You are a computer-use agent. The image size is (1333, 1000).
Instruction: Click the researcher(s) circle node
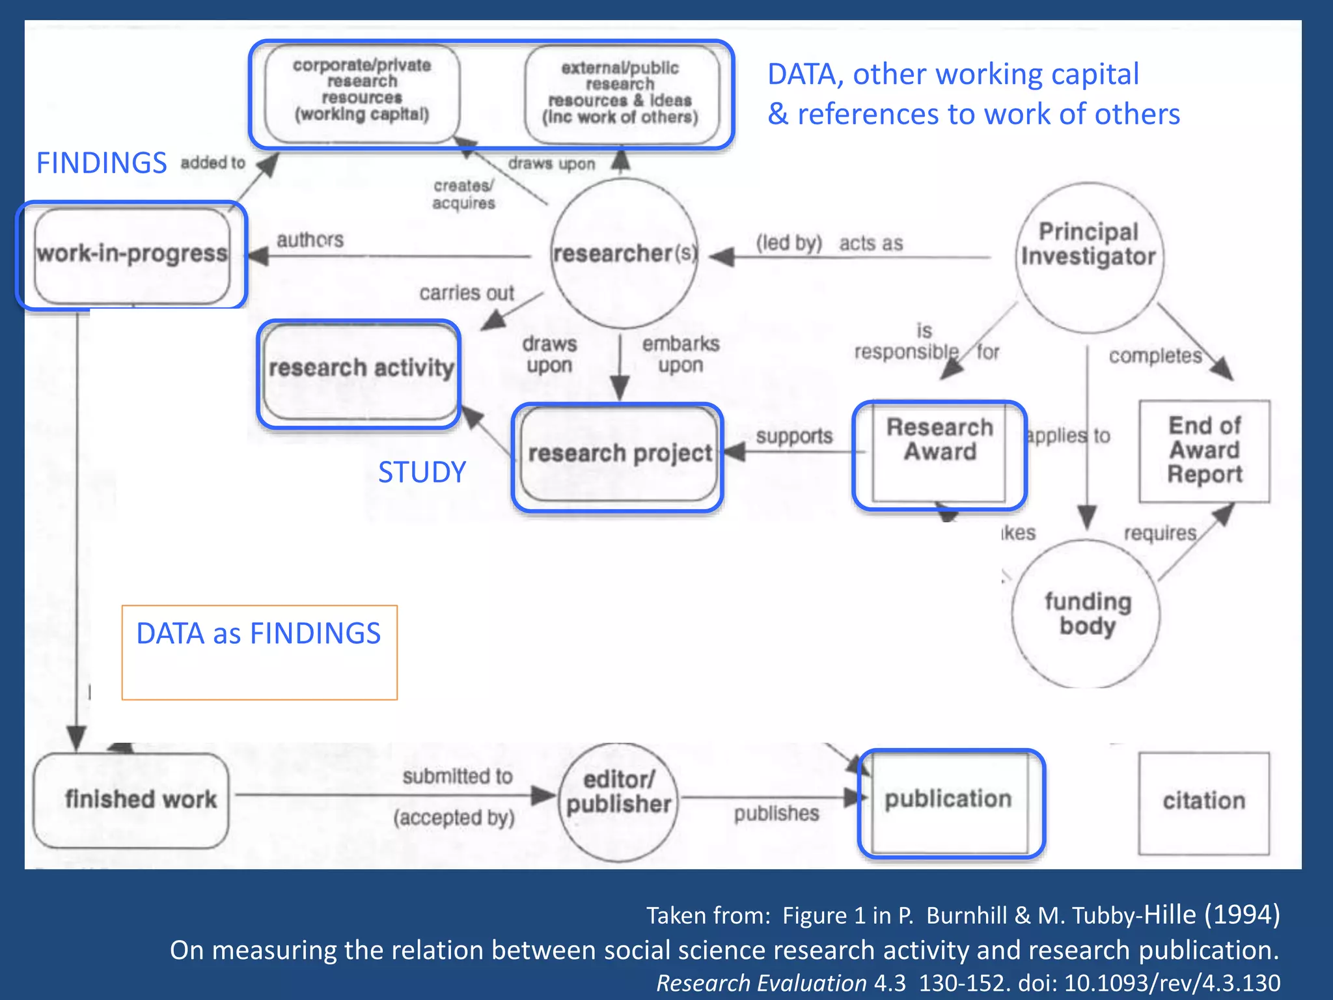624,253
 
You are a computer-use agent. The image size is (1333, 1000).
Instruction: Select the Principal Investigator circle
1088,257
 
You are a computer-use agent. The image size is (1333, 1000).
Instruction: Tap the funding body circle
1086,613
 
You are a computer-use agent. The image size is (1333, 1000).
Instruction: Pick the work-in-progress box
132,255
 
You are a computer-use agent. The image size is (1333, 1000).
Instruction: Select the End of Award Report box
1204,451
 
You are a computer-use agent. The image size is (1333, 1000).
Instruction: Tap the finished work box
131,800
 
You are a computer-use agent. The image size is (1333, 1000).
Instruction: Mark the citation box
1203,802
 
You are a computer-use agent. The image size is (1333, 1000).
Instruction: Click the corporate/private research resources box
362,92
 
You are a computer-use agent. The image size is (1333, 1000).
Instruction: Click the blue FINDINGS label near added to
102,163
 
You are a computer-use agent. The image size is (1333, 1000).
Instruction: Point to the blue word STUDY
422,472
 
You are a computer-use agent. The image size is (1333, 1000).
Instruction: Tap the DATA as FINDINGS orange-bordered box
259,652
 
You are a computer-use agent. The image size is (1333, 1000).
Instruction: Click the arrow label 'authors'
310,240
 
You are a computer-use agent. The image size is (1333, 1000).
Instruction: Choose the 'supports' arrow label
794,436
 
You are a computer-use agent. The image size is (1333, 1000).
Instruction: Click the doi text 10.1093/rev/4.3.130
1172,983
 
